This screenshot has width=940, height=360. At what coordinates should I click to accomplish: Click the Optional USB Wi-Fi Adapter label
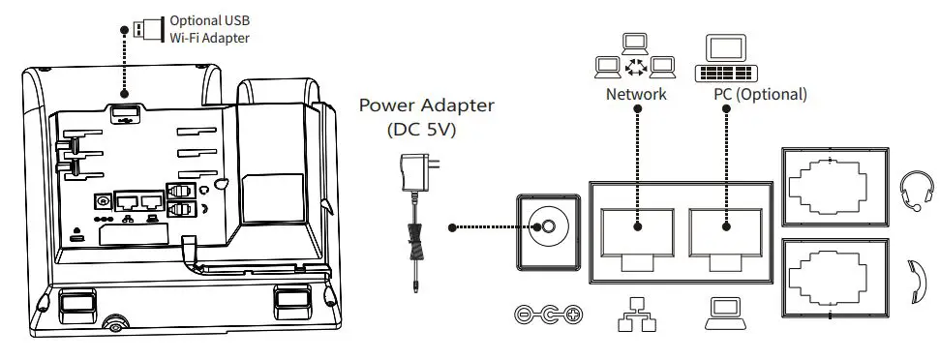click(x=210, y=28)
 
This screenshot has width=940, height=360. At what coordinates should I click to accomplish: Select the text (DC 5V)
click(x=426, y=129)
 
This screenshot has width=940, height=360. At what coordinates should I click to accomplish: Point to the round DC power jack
click(x=547, y=228)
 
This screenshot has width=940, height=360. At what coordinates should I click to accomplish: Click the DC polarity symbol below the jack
click(x=548, y=315)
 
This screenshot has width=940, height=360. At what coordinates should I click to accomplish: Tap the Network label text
click(x=636, y=95)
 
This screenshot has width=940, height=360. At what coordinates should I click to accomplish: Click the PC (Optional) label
click(x=759, y=95)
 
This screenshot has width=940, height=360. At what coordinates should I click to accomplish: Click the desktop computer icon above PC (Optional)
click(x=726, y=60)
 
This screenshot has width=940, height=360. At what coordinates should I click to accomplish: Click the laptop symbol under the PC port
click(x=726, y=312)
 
